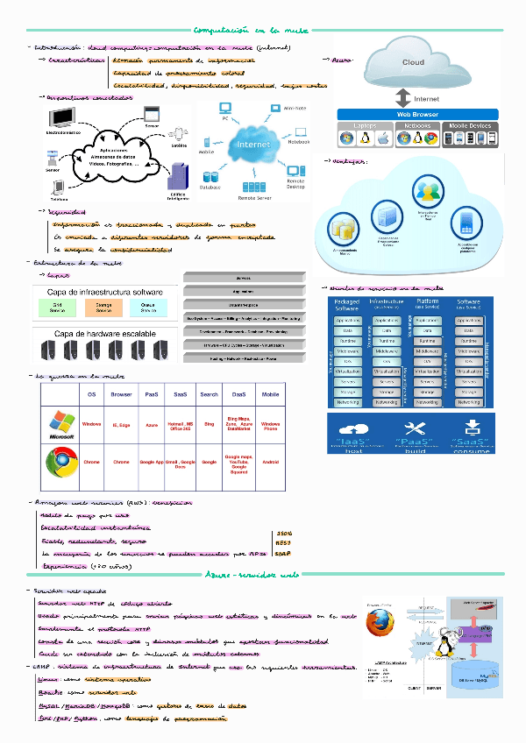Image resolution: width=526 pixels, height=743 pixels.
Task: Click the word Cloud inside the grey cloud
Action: (x=413, y=62)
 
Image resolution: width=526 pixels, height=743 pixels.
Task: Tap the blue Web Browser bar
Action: (x=417, y=114)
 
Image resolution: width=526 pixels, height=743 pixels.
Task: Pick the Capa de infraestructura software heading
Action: (x=104, y=292)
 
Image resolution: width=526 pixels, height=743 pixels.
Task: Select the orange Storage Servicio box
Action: (x=104, y=308)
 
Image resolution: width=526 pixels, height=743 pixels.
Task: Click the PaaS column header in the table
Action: (x=152, y=394)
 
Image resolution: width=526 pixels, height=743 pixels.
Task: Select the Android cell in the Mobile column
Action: (x=271, y=461)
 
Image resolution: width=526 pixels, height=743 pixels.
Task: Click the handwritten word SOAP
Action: (x=283, y=553)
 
